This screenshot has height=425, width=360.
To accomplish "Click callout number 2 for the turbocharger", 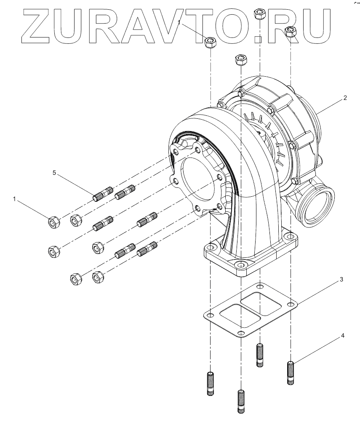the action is tap(345, 98).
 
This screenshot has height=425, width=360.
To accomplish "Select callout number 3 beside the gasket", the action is tap(342, 279).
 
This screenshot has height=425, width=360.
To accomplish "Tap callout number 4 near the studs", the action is tap(343, 336).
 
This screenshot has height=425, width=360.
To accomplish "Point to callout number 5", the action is tap(54, 173).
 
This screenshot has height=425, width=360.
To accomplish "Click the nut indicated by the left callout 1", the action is tap(53, 222).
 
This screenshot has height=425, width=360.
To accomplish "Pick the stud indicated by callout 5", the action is tap(103, 194).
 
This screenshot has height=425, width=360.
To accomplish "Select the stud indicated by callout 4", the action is tap(291, 372).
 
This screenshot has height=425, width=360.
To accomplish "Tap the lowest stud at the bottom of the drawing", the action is tap(240, 402).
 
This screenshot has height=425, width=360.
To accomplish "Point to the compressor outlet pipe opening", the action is tap(317, 205).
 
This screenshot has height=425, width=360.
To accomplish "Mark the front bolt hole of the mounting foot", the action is tap(240, 265).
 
